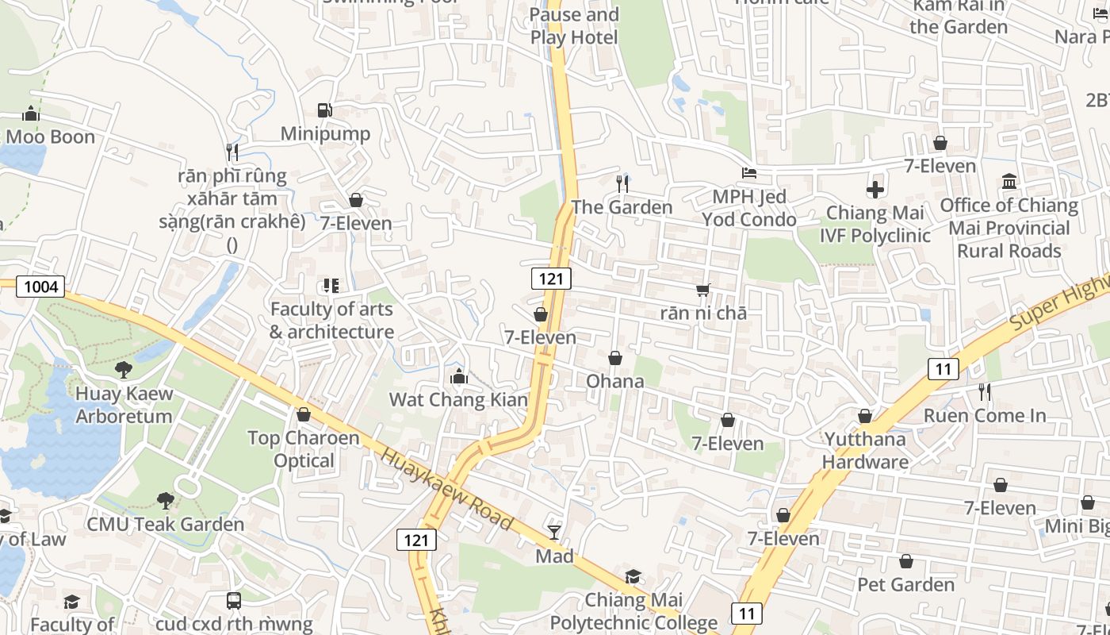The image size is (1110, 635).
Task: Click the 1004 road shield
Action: click(40, 287)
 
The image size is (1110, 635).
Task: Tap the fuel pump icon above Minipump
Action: click(324, 110)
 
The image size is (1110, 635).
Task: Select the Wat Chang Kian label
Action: click(458, 399)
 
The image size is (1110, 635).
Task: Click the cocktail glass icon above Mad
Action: click(554, 532)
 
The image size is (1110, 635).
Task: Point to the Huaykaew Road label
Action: click(446, 489)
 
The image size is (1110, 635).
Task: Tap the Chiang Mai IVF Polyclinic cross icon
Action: click(875, 190)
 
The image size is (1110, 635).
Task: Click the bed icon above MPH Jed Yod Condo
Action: click(749, 172)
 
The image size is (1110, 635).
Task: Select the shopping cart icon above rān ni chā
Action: click(702, 291)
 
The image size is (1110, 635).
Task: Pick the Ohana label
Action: click(615, 381)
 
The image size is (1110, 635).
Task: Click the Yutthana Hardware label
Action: click(865, 450)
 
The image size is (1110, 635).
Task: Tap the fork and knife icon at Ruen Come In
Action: click(984, 392)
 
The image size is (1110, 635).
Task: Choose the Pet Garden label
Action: click(905, 585)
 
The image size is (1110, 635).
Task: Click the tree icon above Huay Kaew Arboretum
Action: click(123, 369)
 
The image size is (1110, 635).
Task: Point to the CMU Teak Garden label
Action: click(165, 524)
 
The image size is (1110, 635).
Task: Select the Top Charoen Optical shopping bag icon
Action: click(304, 414)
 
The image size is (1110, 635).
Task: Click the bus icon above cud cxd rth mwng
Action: click(234, 601)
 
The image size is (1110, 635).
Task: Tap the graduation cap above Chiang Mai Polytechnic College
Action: click(633, 576)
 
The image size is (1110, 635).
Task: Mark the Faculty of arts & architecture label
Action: click(331, 321)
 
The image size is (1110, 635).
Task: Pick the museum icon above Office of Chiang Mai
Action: click(1009, 182)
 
